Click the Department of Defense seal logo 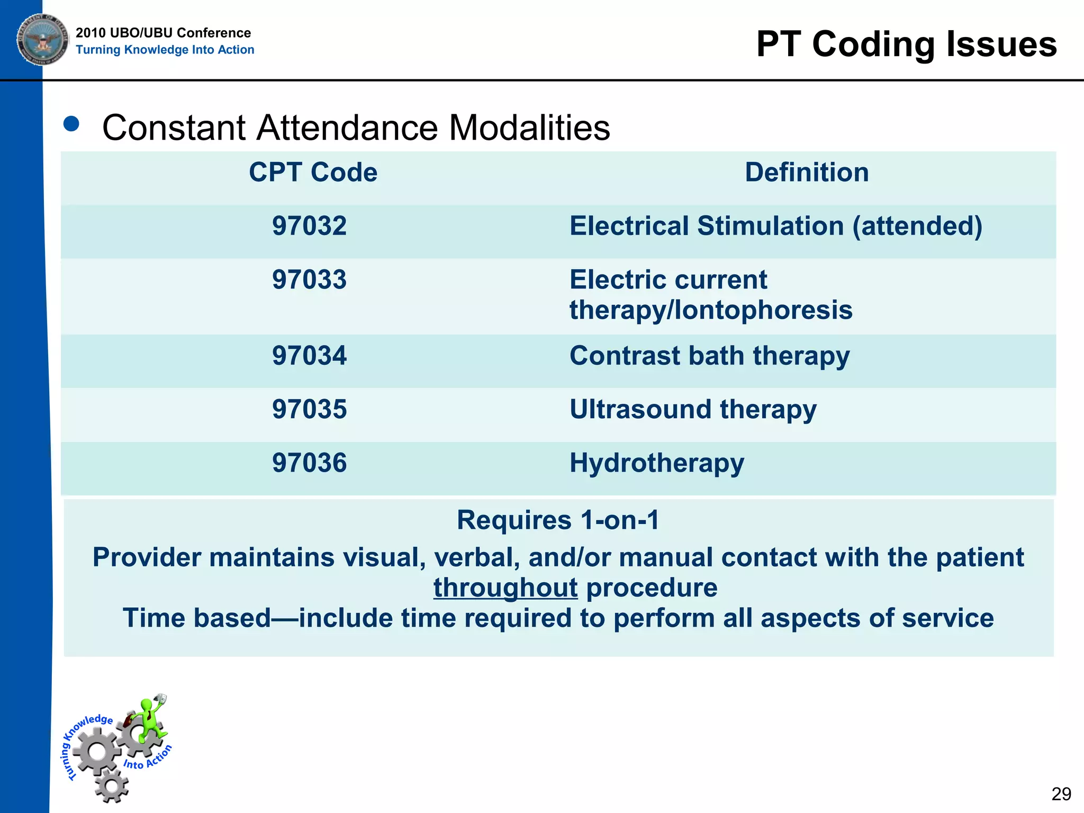coord(42,39)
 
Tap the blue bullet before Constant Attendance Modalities coord(71,124)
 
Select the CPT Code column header coord(313,173)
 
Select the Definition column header coord(807,173)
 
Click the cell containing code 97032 coord(309,226)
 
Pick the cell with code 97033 coord(309,279)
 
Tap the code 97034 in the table coord(309,356)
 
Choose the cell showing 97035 coord(309,409)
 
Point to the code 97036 coord(309,463)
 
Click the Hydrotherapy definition coord(656,463)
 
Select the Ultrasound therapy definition coord(693,410)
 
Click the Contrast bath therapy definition coord(709,356)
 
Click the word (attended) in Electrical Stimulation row coord(917,227)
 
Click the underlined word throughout coord(505,588)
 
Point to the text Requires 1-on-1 coord(558,520)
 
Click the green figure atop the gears coord(151,720)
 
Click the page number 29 coord(1061,794)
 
